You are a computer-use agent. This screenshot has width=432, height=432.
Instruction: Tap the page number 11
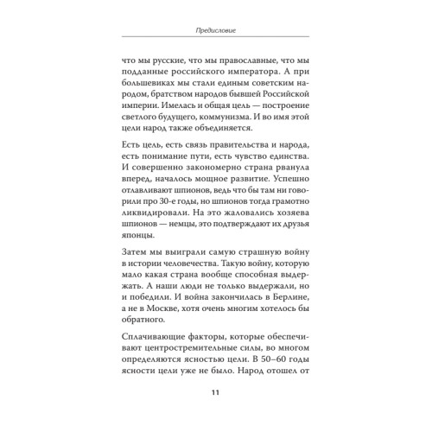(215, 396)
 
